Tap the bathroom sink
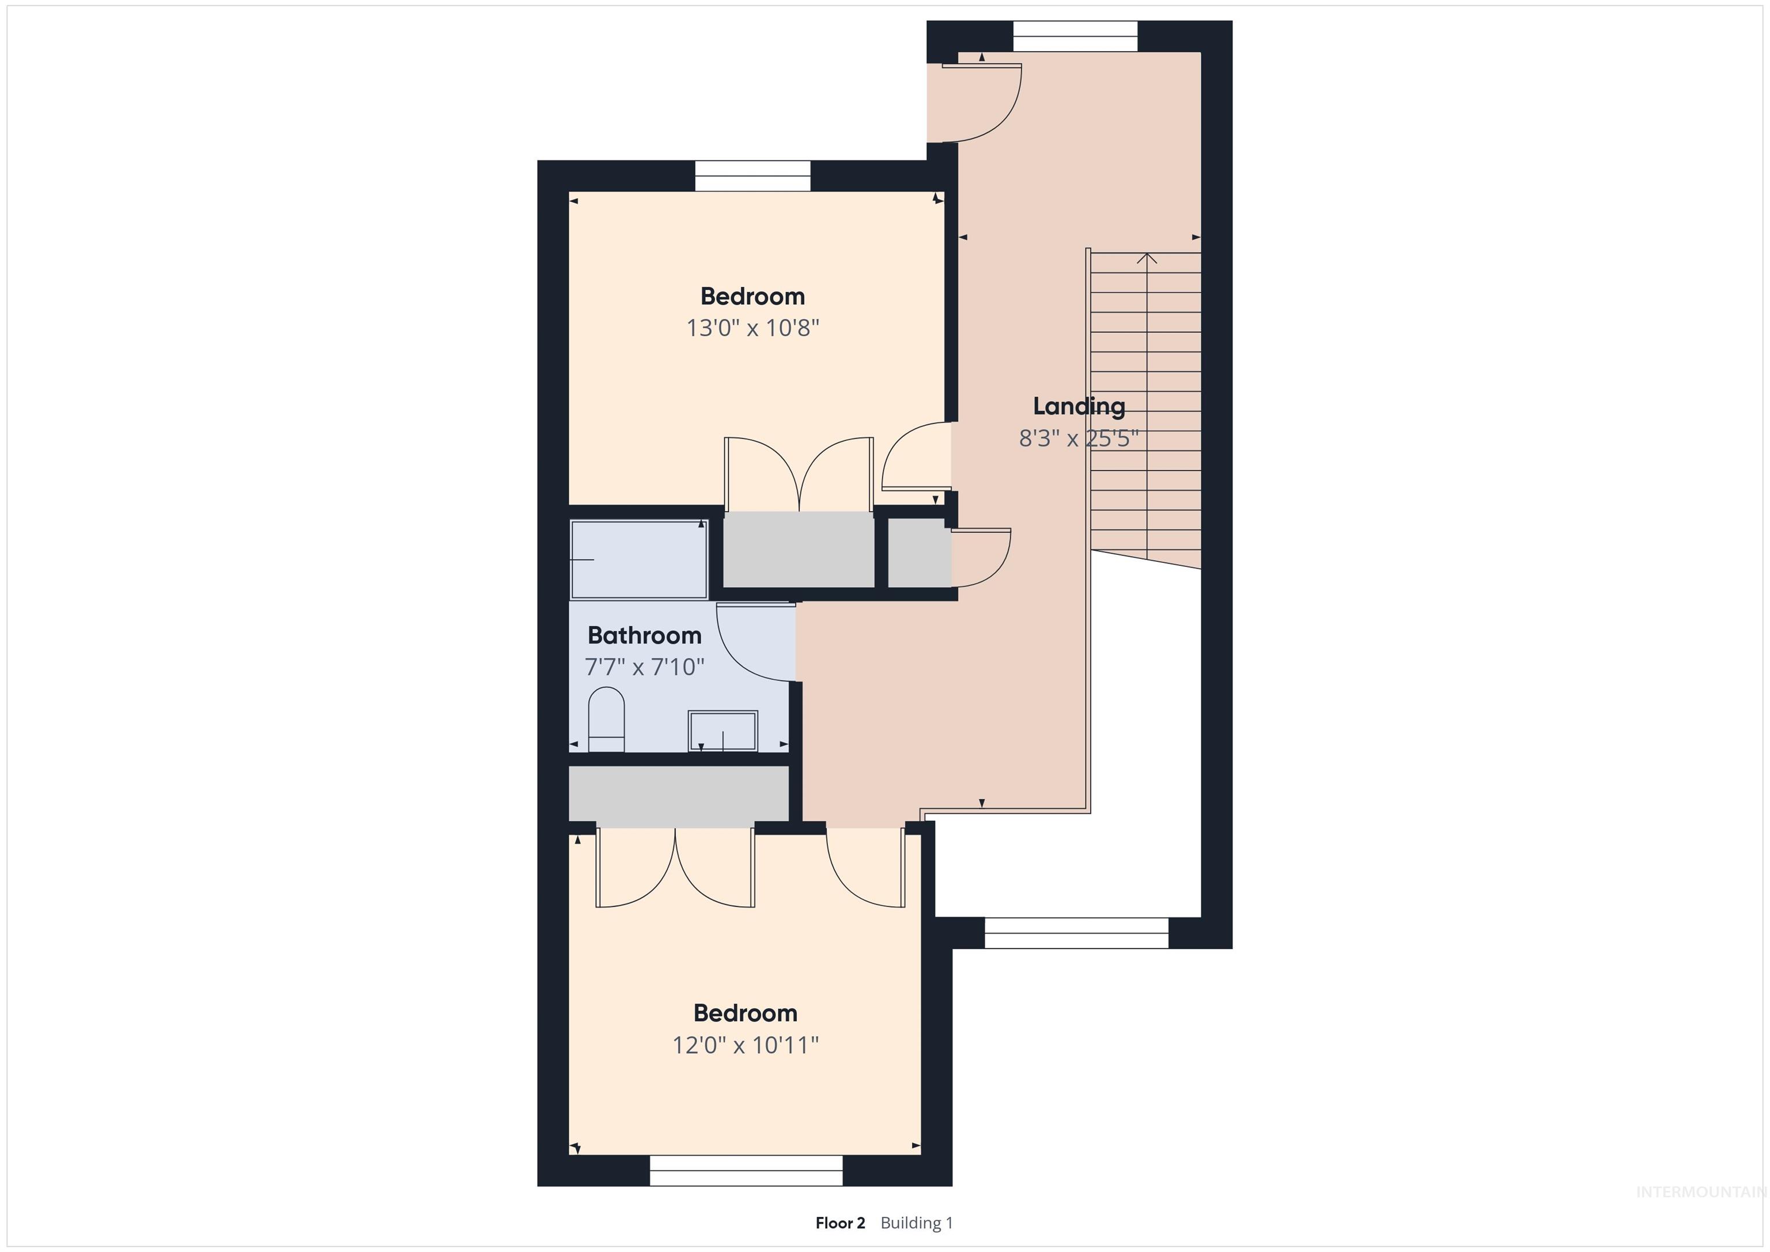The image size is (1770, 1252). [723, 730]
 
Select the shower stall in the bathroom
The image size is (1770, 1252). [638, 559]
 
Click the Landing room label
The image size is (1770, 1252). [1079, 406]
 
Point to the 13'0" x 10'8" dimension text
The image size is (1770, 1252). [752, 328]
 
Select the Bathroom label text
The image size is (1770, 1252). [645, 636]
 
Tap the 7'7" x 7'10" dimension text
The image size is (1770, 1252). [645, 667]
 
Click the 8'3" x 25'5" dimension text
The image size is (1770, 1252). [1079, 438]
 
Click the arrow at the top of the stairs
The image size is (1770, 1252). [1147, 258]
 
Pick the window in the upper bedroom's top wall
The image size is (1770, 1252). [752, 176]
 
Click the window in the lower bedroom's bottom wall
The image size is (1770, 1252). [746, 1171]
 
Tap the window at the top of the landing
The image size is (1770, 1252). [1075, 36]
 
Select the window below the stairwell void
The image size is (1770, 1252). [1076, 933]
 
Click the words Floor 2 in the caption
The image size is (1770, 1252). [840, 1223]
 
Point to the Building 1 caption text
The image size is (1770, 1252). [917, 1223]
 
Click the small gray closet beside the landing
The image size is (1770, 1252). [919, 552]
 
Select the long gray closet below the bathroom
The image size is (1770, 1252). [678, 793]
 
